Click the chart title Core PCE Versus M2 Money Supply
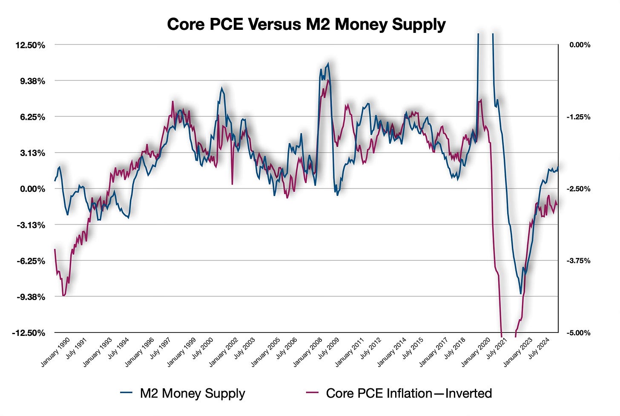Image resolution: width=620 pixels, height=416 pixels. pos(306,24)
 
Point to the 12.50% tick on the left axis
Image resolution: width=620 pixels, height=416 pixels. pos(30,45)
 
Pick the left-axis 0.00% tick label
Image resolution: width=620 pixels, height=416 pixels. pos(32,189)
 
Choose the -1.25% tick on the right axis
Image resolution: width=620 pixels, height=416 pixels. pos(580,117)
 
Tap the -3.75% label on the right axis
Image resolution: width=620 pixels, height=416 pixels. pos(580,261)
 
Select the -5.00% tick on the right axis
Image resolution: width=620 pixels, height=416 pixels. pos(580,333)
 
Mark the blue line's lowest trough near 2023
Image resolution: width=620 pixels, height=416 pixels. pos(520,294)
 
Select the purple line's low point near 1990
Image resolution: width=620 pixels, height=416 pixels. pos(63,295)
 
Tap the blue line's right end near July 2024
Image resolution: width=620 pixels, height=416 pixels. pos(557,167)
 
